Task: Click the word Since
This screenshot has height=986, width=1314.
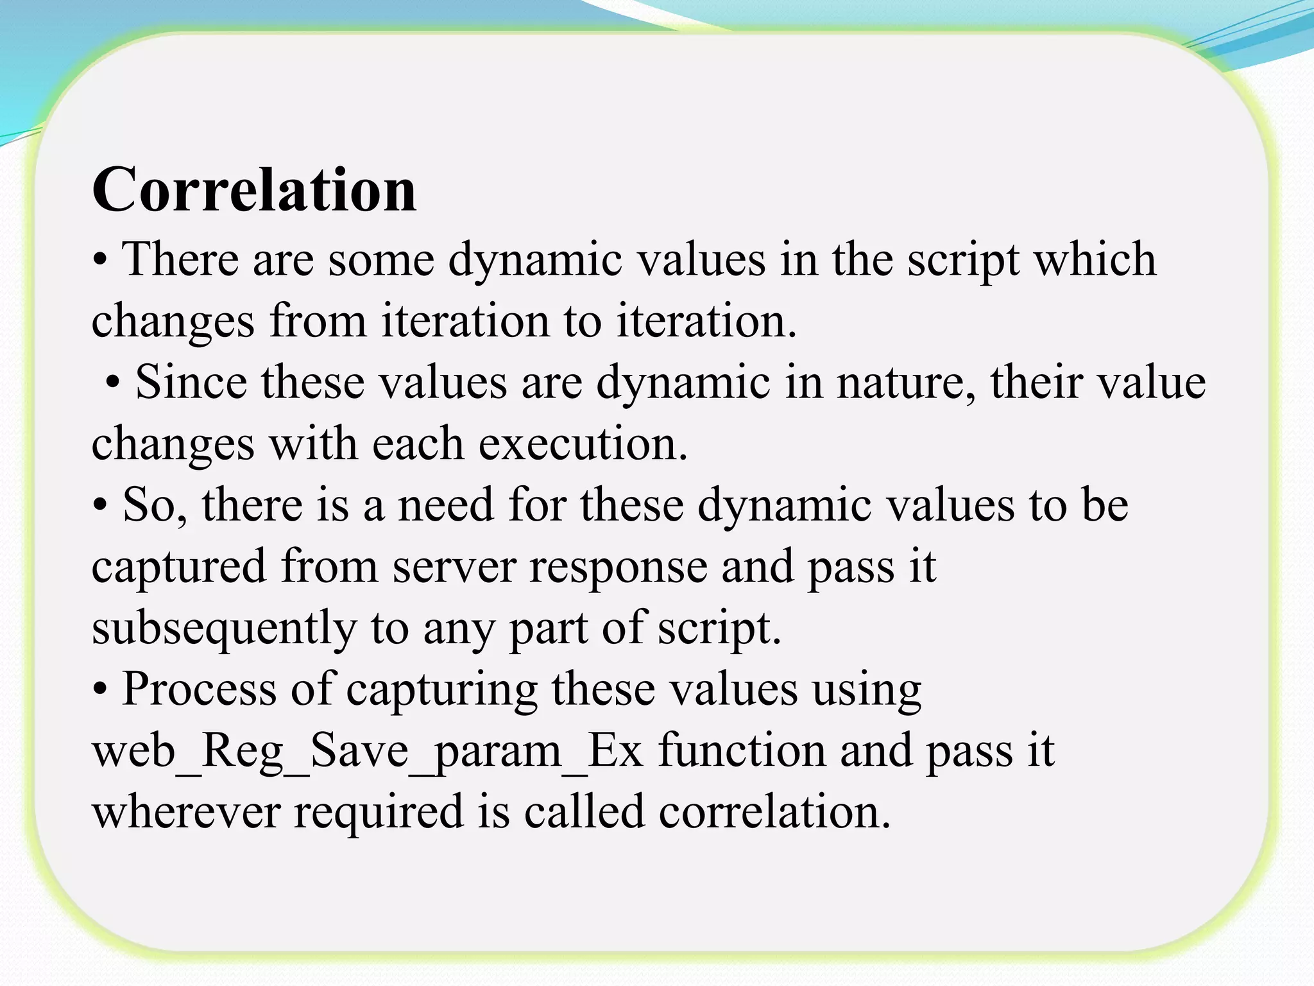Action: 191,382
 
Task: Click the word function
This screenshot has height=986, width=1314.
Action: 742,750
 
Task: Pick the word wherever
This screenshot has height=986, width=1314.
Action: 186,811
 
